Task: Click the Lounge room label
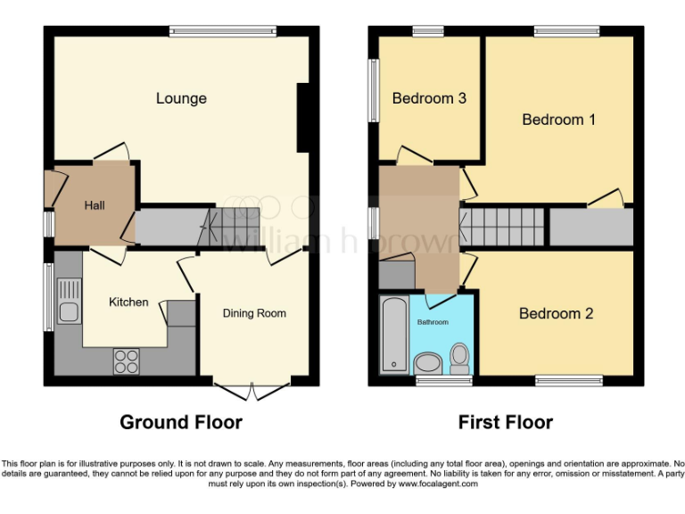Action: point(181,98)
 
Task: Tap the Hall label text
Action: point(95,206)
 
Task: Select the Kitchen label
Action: point(128,303)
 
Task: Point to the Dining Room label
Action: point(254,313)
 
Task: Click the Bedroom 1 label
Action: point(558,120)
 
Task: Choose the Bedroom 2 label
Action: point(556,314)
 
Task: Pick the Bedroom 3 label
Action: point(429,98)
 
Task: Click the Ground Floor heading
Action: point(181,422)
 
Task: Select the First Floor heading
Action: point(506,422)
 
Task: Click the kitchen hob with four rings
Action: point(127,360)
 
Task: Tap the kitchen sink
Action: point(67,301)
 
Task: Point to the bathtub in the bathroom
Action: point(392,335)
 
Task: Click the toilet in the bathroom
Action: point(459,359)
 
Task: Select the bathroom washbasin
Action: point(428,362)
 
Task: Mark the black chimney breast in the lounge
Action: point(303,117)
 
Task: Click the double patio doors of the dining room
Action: point(252,389)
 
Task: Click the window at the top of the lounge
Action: point(223,31)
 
